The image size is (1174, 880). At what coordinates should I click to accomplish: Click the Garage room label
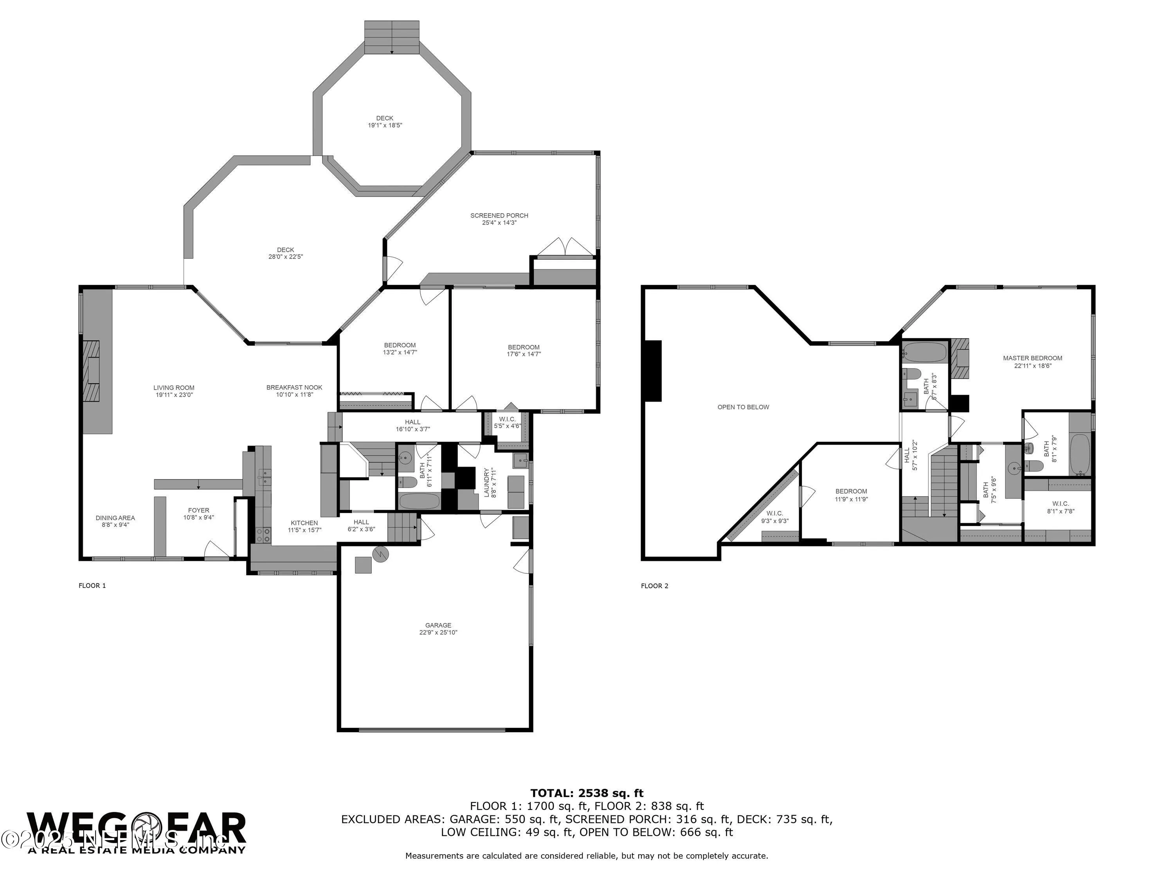pos(438,625)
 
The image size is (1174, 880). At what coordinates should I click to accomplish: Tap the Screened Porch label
pos(499,216)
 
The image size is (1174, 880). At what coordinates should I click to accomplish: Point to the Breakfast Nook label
pos(294,387)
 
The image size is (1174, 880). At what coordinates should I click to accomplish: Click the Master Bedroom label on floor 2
pos(1032,358)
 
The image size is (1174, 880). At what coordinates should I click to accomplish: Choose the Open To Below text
pos(743,407)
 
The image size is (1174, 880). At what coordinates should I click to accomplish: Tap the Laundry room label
pos(486,481)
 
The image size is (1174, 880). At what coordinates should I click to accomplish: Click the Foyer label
pos(198,510)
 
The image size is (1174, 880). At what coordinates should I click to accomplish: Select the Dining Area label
pos(115,518)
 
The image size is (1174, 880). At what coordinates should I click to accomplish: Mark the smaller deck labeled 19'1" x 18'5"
pos(385,122)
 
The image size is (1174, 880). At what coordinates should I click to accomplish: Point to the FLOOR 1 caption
pos(92,585)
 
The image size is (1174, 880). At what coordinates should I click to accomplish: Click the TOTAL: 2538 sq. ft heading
pos(587,793)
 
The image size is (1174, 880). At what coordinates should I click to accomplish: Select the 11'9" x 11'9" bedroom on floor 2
pos(851,495)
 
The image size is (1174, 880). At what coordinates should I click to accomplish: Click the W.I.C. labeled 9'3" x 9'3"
pos(774,517)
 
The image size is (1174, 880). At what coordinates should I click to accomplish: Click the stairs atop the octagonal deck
pos(392,37)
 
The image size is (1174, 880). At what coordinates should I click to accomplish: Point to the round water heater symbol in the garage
pos(380,554)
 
